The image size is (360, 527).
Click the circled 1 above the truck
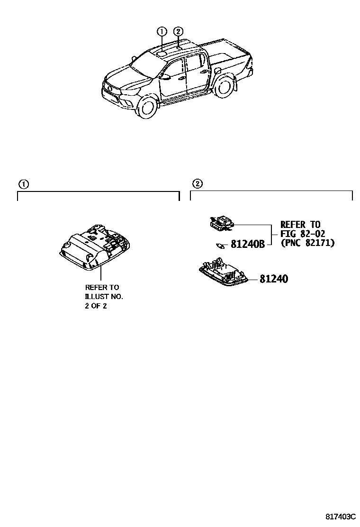[x=162, y=32]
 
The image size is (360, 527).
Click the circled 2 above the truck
[x=178, y=32]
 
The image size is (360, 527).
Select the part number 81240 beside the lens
[x=273, y=279]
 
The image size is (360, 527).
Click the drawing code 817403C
[x=340, y=516]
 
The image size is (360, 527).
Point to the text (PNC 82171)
[x=307, y=243]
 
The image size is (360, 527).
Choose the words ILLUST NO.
[x=104, y=296]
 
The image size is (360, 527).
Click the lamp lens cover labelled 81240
[x=223, y=274]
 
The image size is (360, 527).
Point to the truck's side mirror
[x=166, y=75]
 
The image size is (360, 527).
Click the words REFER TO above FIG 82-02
[x=300, y=225]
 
